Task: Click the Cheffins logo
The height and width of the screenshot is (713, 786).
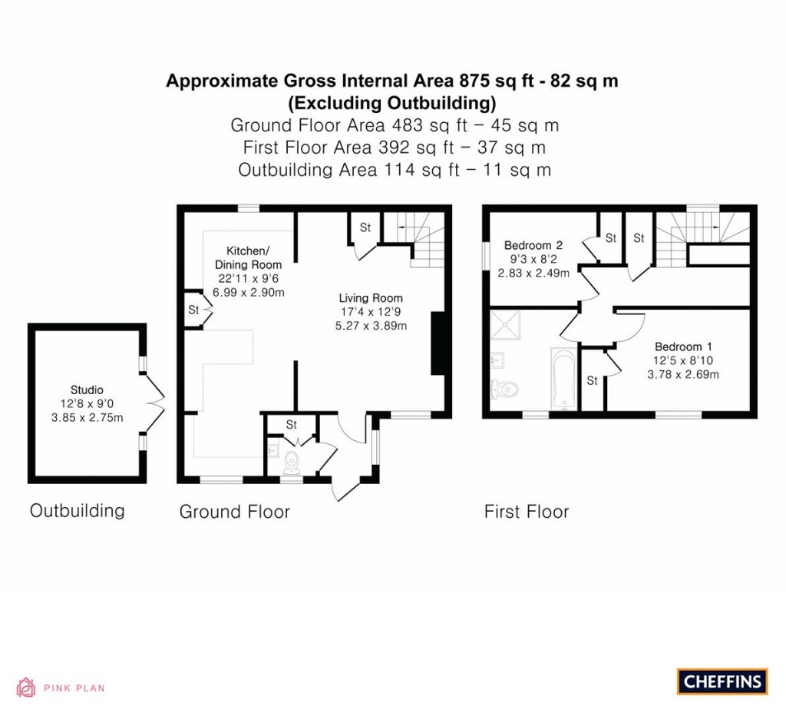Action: (x=722, y=681)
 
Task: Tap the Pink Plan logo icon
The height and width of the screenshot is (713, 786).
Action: (x=26, y=687)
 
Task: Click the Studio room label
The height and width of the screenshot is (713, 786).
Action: (x=87, y=390)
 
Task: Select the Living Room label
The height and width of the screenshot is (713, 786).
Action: (x=372, y=298)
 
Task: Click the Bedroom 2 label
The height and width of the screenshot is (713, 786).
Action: (x=533, y=246)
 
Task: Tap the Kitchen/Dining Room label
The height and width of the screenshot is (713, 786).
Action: (x=247, y=257)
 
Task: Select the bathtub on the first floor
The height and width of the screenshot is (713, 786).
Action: (x=563, y=379)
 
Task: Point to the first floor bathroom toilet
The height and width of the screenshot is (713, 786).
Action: (x=507, y=390)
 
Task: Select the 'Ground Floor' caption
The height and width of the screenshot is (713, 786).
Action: (x=234, y=512)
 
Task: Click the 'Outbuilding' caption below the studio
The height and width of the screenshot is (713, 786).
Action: (x=77, y=510)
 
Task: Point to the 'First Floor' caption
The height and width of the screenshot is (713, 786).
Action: (x=526, y=512)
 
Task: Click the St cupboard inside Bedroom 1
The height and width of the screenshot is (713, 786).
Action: (x=593, y=380)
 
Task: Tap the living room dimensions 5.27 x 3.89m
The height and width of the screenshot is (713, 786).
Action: (x=372, y=325)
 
